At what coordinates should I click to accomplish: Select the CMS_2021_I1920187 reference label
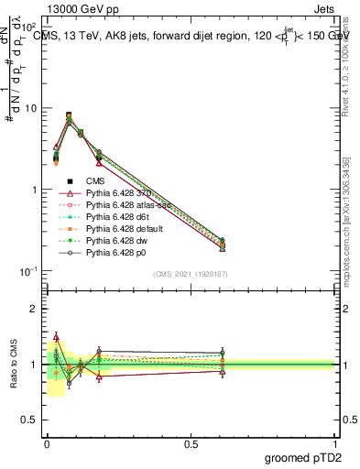click(x=191, y=275)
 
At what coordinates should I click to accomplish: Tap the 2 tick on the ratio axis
click(x=34, y=309)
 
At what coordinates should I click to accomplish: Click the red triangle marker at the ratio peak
click(x=56, y=337)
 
